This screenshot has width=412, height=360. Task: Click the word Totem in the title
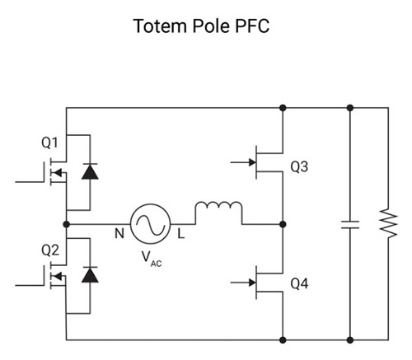tap(161, 26)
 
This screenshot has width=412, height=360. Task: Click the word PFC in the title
tap(252, 26)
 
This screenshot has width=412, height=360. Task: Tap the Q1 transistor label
tap(49, 143)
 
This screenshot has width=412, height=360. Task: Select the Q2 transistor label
tap(50, 250)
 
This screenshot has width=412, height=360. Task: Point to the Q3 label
tap(299, 166)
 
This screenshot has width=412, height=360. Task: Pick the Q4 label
tap(299, 283)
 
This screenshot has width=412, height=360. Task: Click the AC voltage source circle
tap(150, 203)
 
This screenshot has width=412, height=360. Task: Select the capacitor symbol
tap(350, 225)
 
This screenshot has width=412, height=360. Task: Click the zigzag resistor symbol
tap(388, 223)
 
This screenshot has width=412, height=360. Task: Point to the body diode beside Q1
tap(90, 171)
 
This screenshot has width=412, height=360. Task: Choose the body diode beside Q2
tap(90, 275)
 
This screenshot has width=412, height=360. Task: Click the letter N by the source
tap(119, 234)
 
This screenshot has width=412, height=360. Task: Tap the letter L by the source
tap(180, 234)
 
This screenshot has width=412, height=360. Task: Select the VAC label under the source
tap(152, 259)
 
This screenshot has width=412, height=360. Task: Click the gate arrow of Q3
tap(243, 162)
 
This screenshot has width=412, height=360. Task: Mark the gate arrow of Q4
tap(243, 283)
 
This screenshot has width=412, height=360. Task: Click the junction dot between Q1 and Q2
tap(66, 224)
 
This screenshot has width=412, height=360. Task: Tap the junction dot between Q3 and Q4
tap(283, 224)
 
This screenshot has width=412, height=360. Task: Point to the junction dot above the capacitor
tap(350, 108)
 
